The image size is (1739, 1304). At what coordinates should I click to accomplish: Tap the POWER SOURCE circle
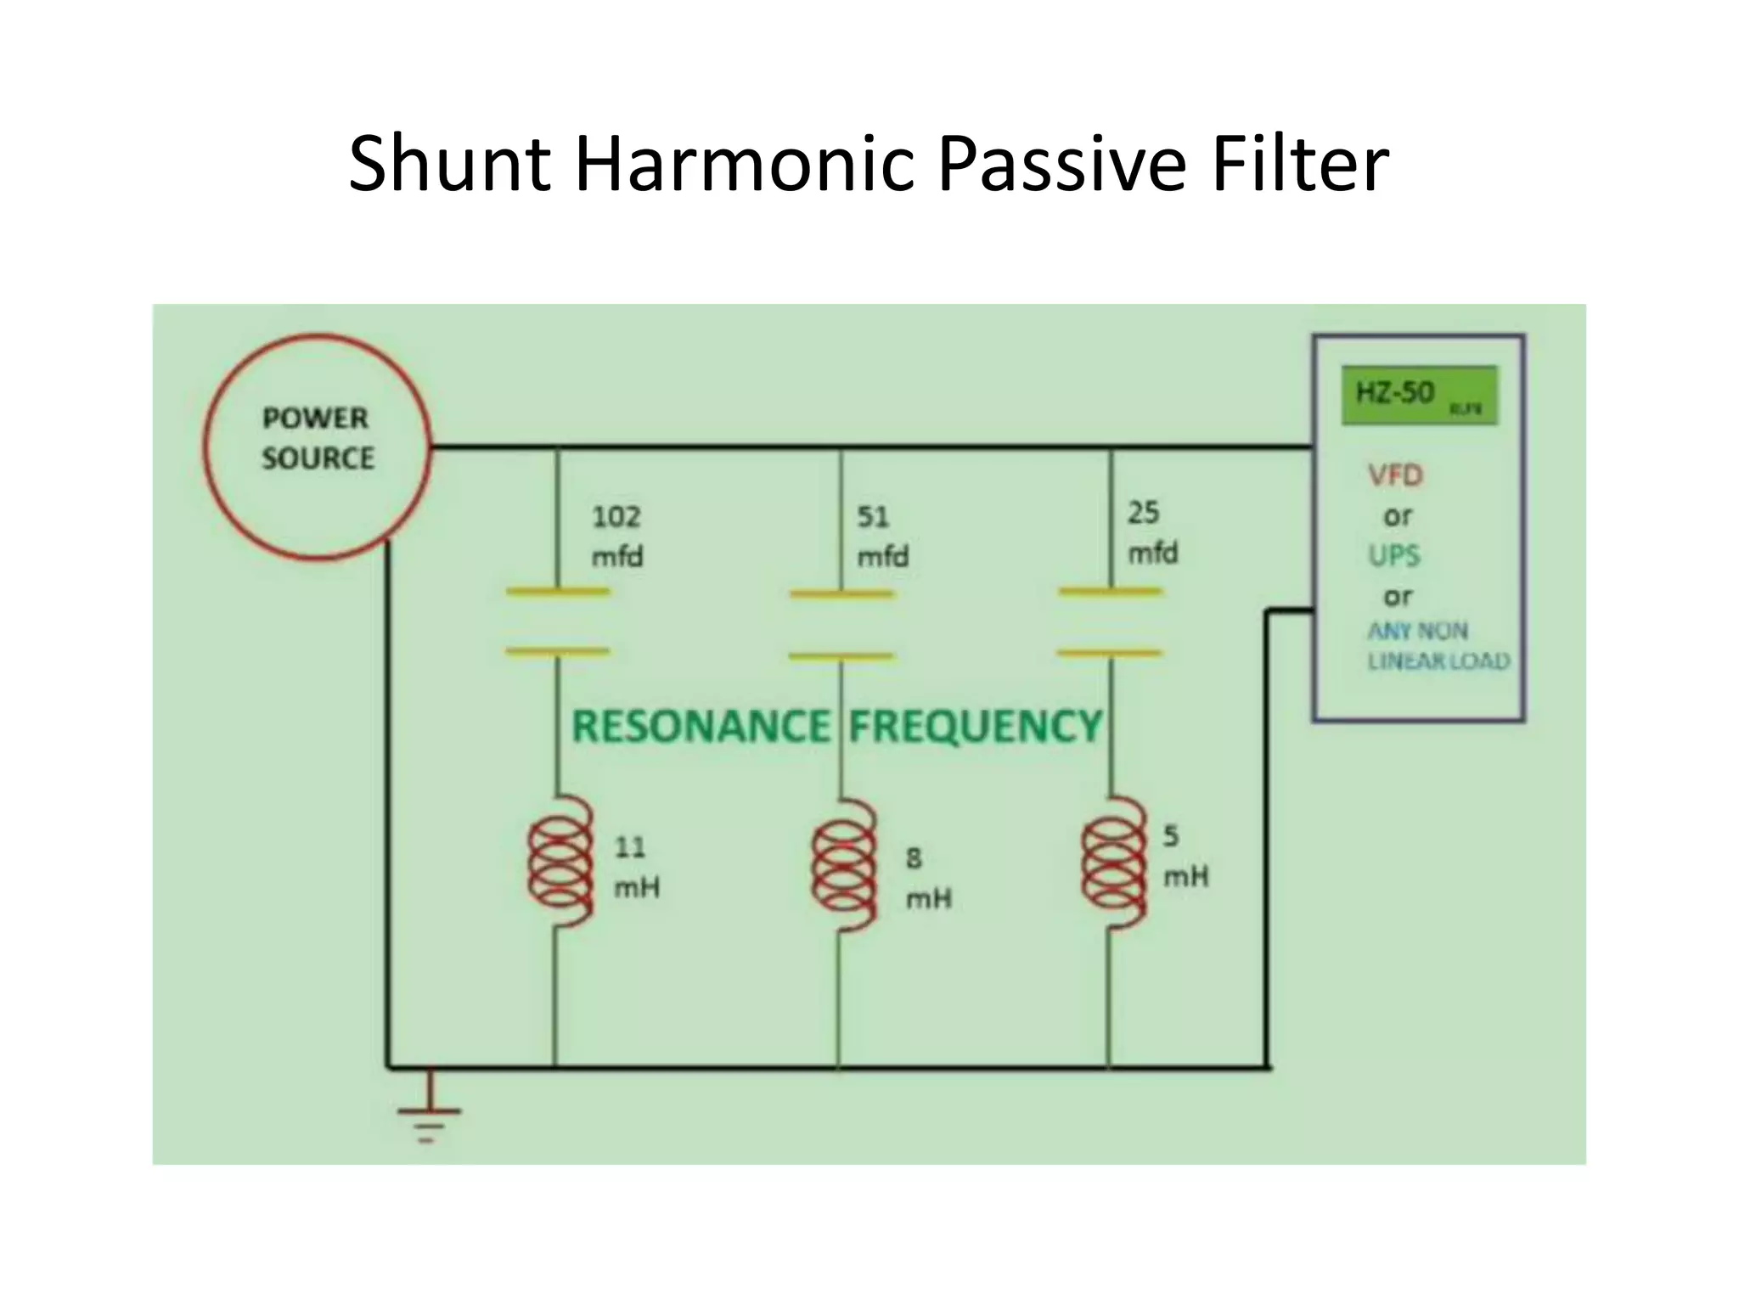pos(317,446)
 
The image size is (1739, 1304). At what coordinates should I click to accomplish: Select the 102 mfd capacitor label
pos(617,537)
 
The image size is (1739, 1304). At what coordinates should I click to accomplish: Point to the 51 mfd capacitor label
pos(882,537)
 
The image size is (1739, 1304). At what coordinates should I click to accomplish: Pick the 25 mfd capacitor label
pos(1152,532)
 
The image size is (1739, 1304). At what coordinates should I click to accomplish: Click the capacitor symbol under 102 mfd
pos(558,621)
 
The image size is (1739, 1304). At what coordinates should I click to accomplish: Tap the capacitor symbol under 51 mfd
pos(841,625)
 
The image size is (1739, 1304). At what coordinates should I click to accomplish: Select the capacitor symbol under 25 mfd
pos(1110,621)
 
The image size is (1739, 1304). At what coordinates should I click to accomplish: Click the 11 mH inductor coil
pos(560,863)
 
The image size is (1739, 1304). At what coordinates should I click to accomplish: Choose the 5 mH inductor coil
pos(1111,863)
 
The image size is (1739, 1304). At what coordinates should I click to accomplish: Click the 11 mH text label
pos(636,868)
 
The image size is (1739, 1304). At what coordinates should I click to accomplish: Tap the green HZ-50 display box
pos(1419,396)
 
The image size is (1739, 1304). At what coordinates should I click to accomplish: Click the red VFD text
pos(1395,475)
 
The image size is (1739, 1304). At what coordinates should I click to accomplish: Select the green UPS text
pos(1393,555)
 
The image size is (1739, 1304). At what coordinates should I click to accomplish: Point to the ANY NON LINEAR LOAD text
pos(1438,646)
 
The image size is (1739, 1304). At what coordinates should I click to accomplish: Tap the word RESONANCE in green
pos(701,727)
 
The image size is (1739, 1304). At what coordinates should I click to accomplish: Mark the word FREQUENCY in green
pos(976,727)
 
